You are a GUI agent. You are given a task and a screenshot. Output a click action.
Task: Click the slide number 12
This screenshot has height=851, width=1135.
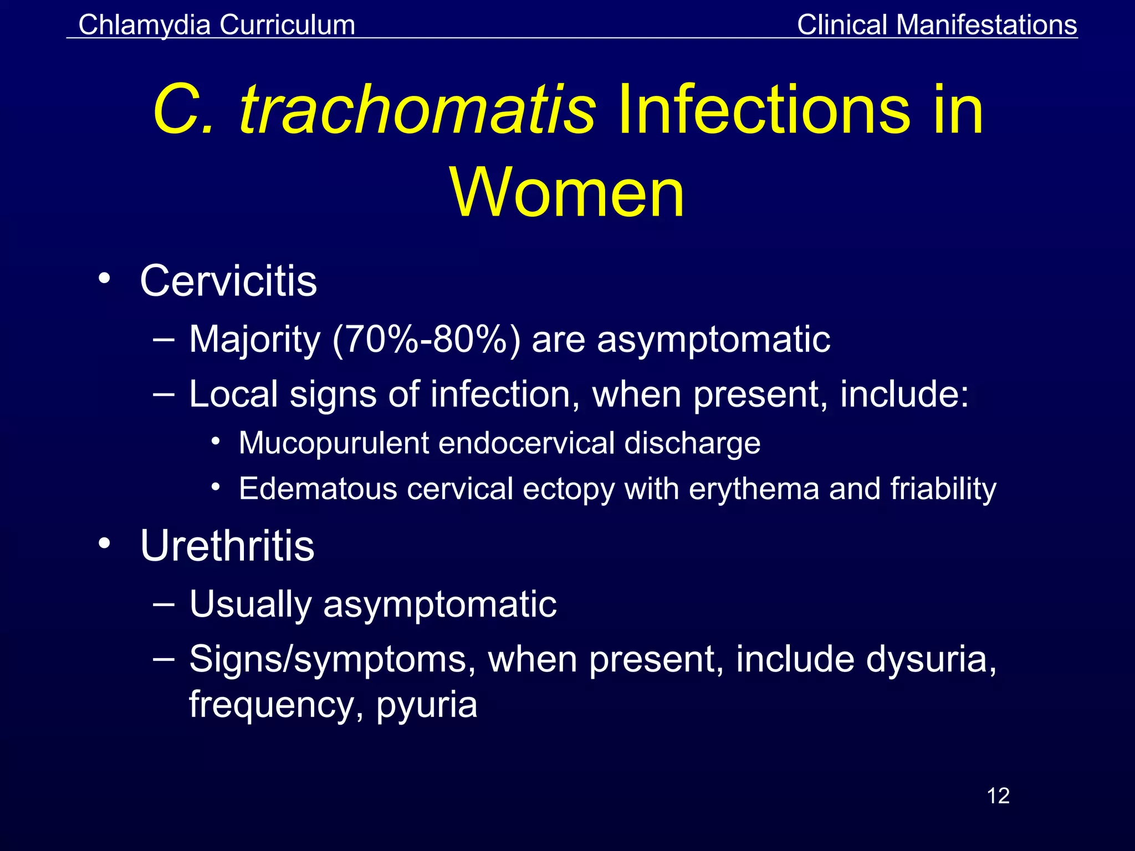click(x=998, y=796)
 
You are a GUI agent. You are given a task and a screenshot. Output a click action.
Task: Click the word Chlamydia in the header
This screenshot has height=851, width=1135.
click(x=145, y=25)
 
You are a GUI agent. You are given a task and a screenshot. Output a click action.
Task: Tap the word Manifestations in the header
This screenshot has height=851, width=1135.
click(x=986, y=25)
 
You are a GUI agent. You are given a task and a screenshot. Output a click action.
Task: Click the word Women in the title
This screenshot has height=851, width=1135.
click(x=567, y=193)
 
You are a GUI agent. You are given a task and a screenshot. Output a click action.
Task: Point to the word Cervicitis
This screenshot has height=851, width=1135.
click(x=228, y=281)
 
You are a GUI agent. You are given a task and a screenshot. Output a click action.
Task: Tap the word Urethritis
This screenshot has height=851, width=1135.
click(x=227, y=546)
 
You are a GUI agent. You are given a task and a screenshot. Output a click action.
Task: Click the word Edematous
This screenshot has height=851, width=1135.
click(x=318, y=489)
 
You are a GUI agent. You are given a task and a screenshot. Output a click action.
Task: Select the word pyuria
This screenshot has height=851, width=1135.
click(x=427, y=706)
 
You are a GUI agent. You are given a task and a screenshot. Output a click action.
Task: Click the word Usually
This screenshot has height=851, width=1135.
click(x=250, y=604)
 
